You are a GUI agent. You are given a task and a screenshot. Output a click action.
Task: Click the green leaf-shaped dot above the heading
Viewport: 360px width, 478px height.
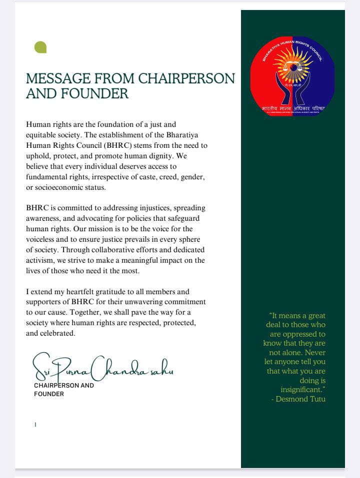click(x=40, y=47)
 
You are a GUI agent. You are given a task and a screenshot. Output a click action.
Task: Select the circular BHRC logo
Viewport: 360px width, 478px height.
click(x=293, y=75)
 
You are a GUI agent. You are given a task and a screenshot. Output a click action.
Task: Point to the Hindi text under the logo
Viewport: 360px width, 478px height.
click(x=293, y=108)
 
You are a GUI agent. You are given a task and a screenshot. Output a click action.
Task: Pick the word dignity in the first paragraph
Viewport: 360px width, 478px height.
click(x=160, y=155)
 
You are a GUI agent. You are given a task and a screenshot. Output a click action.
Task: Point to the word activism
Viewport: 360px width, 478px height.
click(x=40, y=260)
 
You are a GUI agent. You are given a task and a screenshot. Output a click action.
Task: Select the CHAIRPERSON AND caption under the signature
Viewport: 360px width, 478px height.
click(x=64, y=386)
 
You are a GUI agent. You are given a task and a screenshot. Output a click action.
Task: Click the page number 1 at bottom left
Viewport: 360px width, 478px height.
click(x=35, y=425)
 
